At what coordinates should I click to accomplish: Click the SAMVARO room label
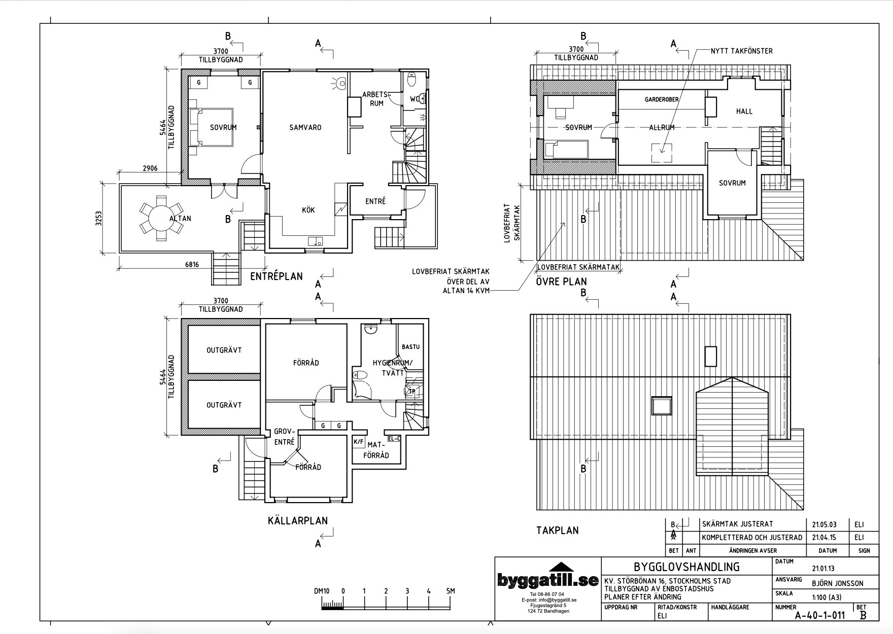click(305, 127)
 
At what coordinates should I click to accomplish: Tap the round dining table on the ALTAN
click(161, 218)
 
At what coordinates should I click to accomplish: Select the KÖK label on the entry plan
click(308, 210)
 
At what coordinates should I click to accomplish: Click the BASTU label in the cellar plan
click(410, 347)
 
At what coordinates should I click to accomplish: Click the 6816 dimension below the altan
click(192, 264)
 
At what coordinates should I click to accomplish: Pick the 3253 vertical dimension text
click(98, 218)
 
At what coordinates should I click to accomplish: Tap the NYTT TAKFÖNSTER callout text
click(741, 51)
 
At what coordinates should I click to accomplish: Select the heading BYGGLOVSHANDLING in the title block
click(686, 567)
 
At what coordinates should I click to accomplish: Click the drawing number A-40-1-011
click(819, 615)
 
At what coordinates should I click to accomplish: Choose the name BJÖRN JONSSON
click(837, 583)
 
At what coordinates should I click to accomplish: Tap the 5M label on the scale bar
click(451, 591)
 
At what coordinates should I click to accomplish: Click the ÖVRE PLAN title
click(561, 281)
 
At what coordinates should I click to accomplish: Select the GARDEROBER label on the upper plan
click(662, 99)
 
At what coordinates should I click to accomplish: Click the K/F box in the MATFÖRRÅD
click(358, 442)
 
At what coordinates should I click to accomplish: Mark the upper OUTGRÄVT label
click(224, 350)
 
